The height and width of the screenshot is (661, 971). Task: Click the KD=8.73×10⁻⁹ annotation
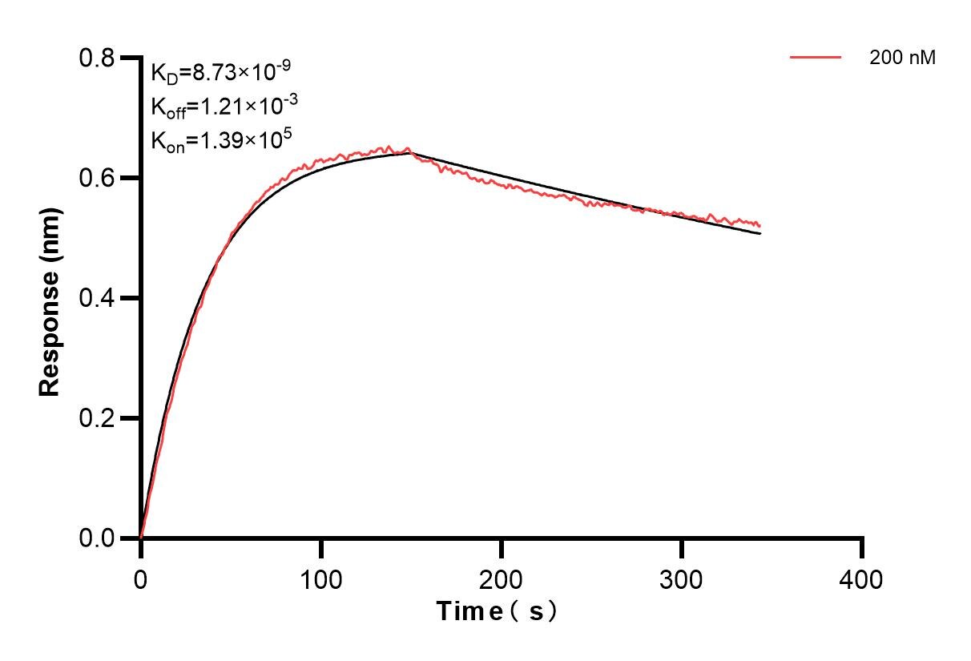click(x=220, y=73)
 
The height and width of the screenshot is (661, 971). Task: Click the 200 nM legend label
click(x=902, y=58)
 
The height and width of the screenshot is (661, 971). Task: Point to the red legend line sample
click(x=815, y=58)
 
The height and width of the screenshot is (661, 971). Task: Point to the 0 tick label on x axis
click(x=141, y=578)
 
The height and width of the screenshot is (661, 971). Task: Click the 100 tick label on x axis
click(x=320, y=578)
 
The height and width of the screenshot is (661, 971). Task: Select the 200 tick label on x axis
click(x=501, y=578)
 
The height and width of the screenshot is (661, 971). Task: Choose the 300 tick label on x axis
click(x=681, y=578)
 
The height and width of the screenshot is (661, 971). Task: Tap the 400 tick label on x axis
click(x=861, y=578)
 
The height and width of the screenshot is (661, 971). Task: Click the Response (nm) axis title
click(x=50, y=298)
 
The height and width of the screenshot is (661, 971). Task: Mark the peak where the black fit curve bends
click(x=411, y=152)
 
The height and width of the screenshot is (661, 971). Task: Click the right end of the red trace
click(x=759, y=226)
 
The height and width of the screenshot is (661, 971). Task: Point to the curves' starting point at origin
click(x=141, y=538)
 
